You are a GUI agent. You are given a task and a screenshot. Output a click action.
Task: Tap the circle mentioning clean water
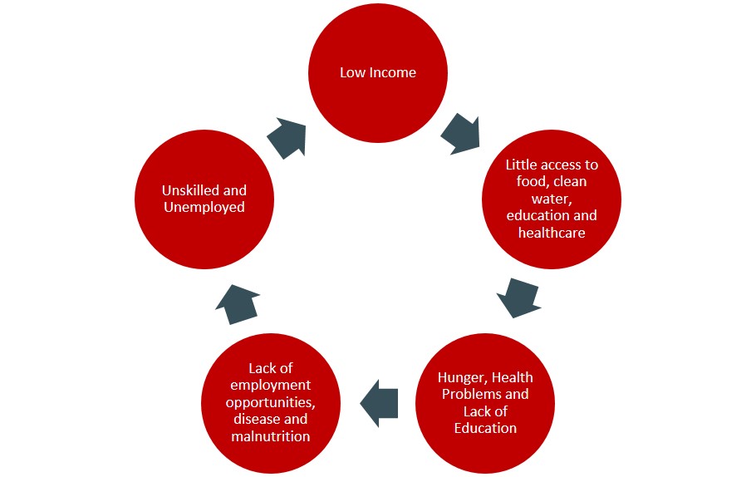click(552, 199)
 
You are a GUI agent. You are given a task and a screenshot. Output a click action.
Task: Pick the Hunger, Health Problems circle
click(485, 403)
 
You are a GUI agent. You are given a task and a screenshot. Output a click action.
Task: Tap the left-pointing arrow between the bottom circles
click(379, 403)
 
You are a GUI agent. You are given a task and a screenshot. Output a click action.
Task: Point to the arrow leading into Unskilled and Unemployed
click(238, 304)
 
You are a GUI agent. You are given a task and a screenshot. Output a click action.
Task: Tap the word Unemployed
click(204, 207)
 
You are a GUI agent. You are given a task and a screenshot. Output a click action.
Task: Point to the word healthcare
click(552, 233)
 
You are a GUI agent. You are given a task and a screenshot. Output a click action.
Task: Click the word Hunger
click(461, 377)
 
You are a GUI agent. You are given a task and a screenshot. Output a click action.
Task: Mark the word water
click(552, 199)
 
